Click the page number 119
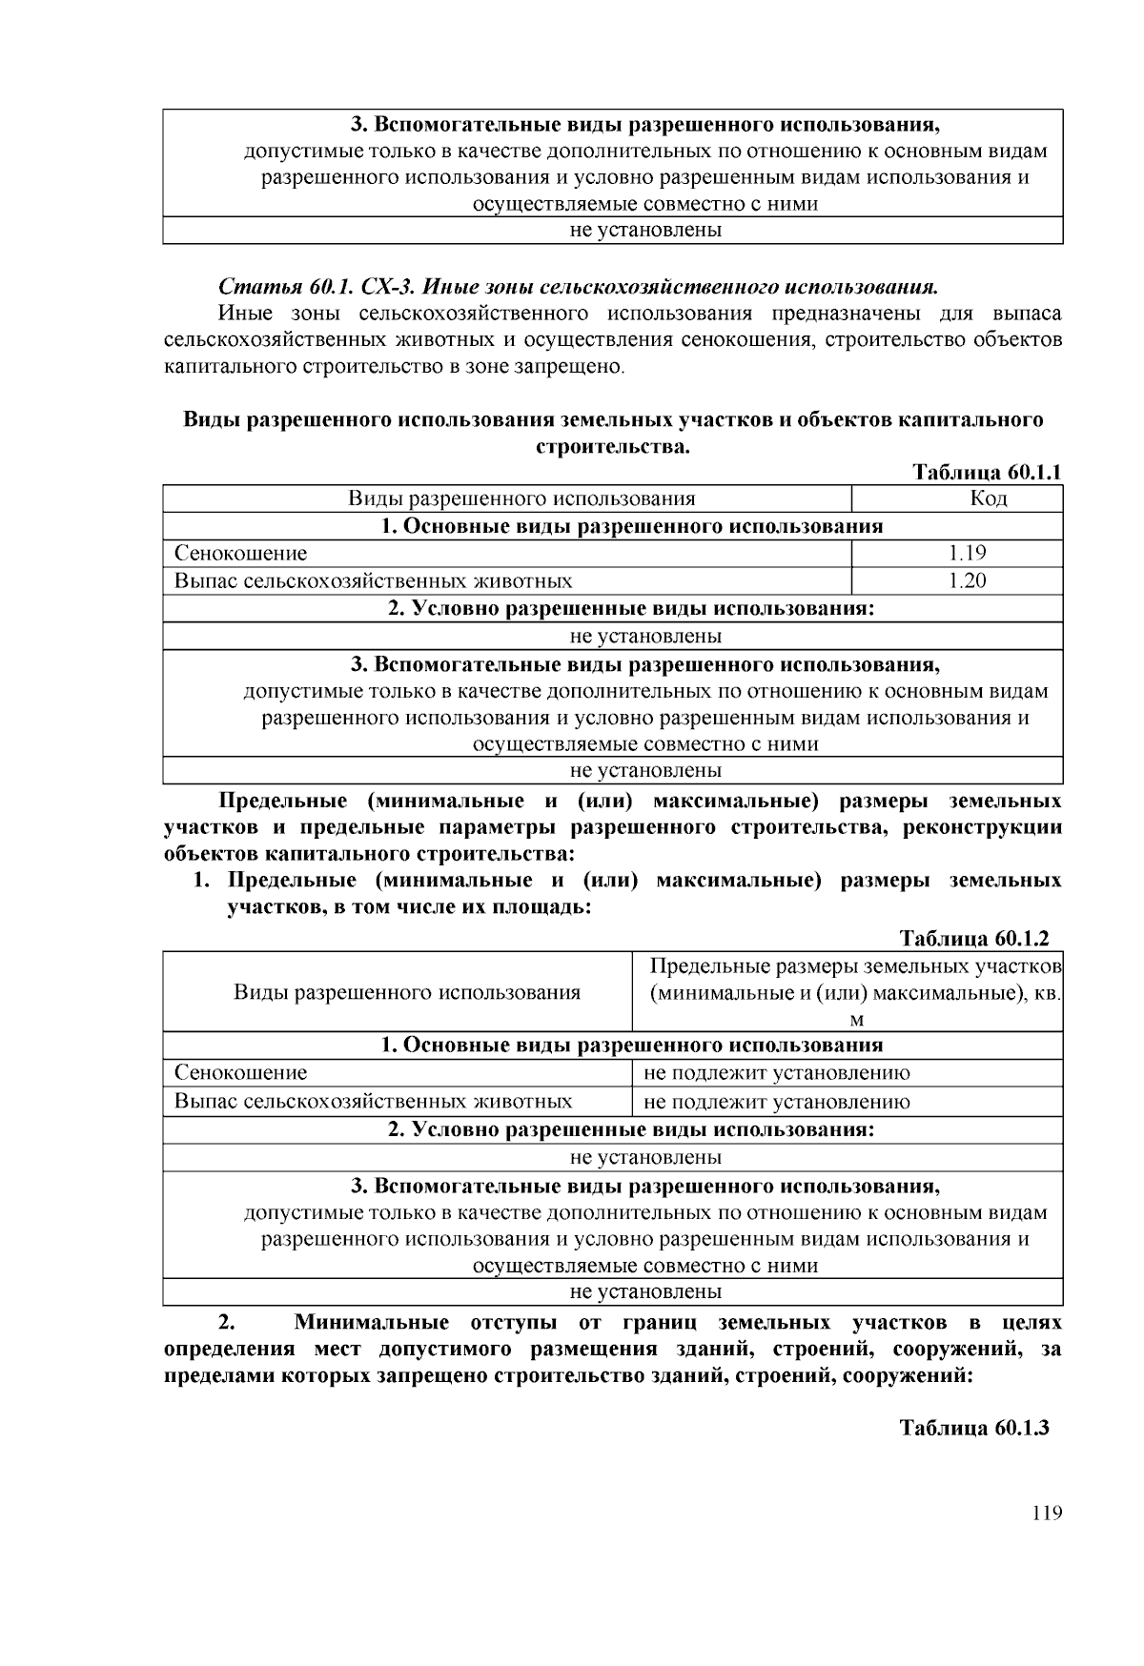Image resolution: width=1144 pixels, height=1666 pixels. pyautogui.click(x=1046, y=1514)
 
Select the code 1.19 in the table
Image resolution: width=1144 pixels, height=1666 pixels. pyautogui.click(x=967, y=553)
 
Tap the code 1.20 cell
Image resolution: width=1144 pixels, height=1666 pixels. pyautogui.click(x=967, y=580)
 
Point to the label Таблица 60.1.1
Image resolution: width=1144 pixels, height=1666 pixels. pyautogui.click(x=987, y=473)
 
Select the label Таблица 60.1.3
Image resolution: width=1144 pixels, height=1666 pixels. pyautogui.click(x=974, y=1428)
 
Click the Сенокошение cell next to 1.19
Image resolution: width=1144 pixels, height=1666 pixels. pyautogui.click(x=240, y=553)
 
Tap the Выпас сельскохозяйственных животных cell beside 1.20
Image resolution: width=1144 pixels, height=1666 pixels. pyautogui.click(x=373, y=580)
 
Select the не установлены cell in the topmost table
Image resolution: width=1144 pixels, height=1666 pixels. pyautogui.click(x=645, y=230)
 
